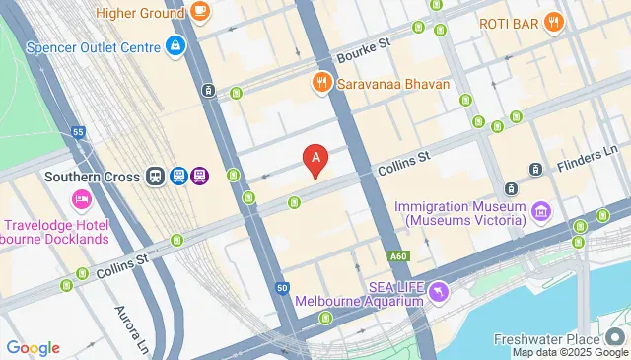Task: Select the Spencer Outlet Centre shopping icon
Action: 175,45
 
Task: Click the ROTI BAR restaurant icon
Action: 554,22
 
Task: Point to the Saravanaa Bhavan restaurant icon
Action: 320,84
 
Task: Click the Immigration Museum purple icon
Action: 540,209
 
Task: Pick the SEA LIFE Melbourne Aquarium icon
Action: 438,292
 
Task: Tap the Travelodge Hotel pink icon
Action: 81,200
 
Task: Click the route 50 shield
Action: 282,288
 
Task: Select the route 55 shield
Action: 78,131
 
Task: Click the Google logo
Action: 33,348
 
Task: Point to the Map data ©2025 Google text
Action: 569,353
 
